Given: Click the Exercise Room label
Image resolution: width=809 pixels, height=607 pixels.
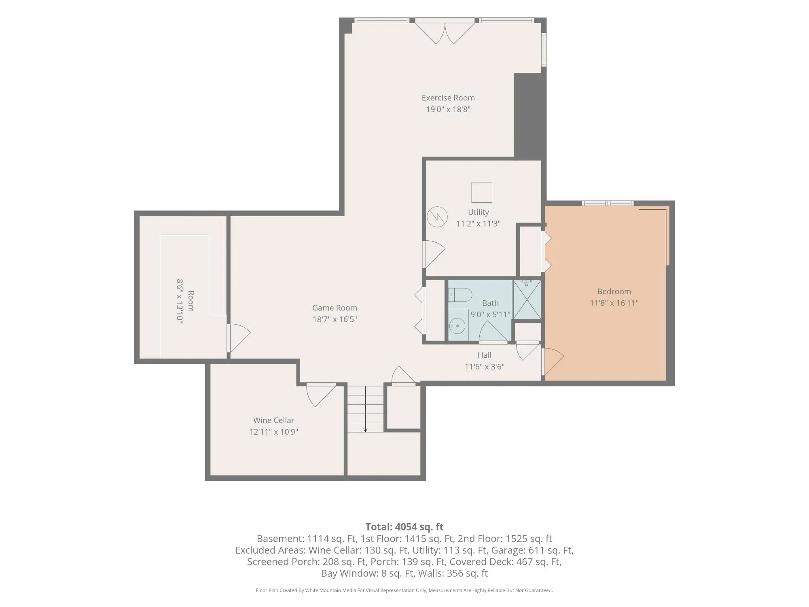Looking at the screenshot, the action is click(x=448, y=98).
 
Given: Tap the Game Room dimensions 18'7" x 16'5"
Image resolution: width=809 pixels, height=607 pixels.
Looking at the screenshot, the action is click(x=335, y=319).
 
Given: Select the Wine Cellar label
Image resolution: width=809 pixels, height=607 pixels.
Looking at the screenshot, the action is click(x=274, y=420).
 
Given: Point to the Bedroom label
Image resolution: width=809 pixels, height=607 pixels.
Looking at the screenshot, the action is click(x=614, y=291).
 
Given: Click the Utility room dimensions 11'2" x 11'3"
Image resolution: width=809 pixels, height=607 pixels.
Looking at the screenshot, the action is click(x=479, y=223).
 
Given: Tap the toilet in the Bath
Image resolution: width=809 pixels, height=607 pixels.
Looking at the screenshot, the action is click(x=460, y=295).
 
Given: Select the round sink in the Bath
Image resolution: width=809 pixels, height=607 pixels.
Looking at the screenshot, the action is click(x=458, y=325).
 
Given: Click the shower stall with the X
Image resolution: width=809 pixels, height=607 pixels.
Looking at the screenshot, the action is click(x=527, y=299).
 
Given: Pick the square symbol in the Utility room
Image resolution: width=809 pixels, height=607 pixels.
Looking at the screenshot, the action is click(x=482, y=192).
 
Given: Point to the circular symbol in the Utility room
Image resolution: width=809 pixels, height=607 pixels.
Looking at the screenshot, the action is click(x=437, y=217).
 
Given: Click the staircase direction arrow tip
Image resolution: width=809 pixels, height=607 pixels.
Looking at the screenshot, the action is click(x=365, y=432).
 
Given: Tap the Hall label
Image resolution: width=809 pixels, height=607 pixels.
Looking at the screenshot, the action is click(x=485, y=355).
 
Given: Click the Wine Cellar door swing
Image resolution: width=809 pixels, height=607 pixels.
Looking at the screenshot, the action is click(x=321, y=395).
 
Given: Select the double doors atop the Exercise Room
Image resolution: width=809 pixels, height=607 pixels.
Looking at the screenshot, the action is click(x=445, y=32).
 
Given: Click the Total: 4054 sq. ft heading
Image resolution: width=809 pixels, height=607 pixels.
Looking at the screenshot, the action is click(x=404, y=527).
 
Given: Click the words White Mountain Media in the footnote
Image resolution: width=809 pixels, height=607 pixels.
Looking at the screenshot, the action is click(x=331, y=590).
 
